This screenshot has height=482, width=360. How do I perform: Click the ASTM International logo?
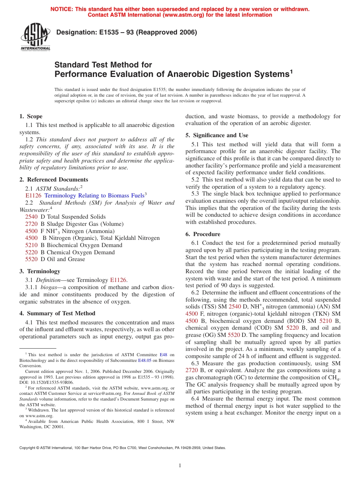(35, 37)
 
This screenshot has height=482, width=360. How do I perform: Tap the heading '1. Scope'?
(31, 116)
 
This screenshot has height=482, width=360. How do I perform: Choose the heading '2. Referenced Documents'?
(53, 180)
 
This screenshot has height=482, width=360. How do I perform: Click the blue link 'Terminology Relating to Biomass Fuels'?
(94, 196)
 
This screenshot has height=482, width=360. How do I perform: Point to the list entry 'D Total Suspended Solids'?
(73, 217)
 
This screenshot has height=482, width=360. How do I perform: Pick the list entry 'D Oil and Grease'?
(63, 259)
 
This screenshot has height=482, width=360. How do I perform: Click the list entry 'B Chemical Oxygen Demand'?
(77, 252)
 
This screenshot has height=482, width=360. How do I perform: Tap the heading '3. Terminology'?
(40, 271)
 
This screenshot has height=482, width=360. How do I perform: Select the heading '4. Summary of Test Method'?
(57, 313)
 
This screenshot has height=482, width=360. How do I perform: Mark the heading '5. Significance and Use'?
(217, 135)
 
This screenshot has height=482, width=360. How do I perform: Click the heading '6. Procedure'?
(203, 234)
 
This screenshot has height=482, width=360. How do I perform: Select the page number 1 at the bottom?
(180, 466)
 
